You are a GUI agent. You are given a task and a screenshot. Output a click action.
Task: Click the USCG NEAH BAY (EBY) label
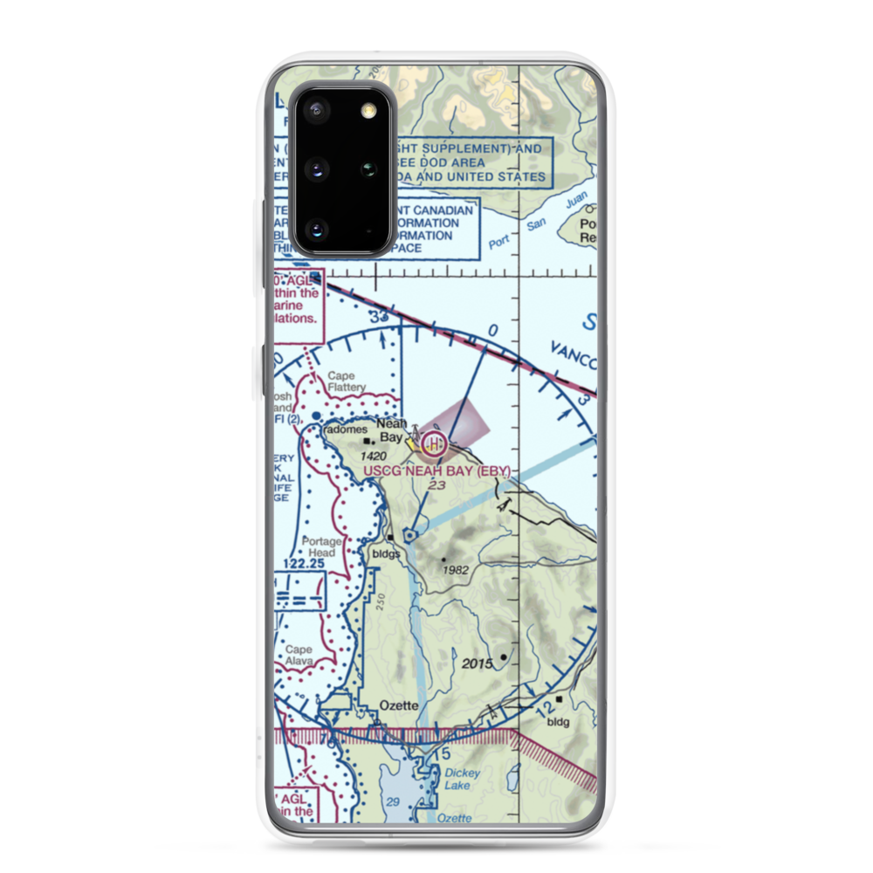(x=436, y=471)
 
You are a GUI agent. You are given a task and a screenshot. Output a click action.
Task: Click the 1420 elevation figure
(x=373, y=457)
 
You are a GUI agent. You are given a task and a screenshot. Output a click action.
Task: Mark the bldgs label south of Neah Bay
(x=385, y=553)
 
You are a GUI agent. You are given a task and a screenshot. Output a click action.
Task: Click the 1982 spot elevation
(x=456, y=570)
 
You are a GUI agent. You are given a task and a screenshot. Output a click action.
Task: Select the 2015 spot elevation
(x=478, y=664)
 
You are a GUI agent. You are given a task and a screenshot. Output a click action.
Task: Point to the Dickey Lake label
(x=457, y=779)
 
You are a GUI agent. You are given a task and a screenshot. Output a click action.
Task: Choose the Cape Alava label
(x=299, y=656)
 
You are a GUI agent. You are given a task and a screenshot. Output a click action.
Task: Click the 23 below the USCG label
(x=436, y=486)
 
